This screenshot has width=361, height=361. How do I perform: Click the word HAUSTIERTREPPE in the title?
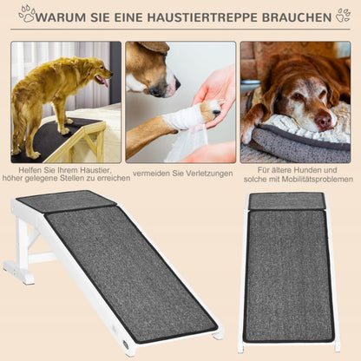(202, 17)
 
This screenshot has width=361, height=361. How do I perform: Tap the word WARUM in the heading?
(61, 17)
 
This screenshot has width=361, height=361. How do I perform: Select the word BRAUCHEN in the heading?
(297, 17)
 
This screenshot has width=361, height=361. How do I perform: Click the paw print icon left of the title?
(27, 14)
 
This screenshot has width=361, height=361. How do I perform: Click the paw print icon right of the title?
(344, 15)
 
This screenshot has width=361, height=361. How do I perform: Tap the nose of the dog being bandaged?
(177, 83)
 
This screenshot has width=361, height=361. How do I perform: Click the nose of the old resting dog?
(324, 121)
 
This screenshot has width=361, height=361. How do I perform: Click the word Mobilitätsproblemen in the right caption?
(318, 180)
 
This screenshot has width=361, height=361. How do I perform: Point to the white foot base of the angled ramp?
(18, 272)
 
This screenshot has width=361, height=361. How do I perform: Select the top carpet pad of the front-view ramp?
(287, 201)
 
